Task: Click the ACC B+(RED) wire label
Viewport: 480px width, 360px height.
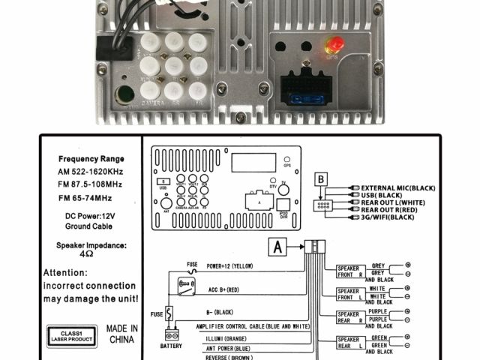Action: point(223,288)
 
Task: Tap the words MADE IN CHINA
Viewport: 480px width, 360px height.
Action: point(121,334)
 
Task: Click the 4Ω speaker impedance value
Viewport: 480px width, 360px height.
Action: point(90,255)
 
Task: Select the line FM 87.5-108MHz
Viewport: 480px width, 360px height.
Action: point(90,184)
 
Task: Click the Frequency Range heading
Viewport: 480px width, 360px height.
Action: point(91,159)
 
